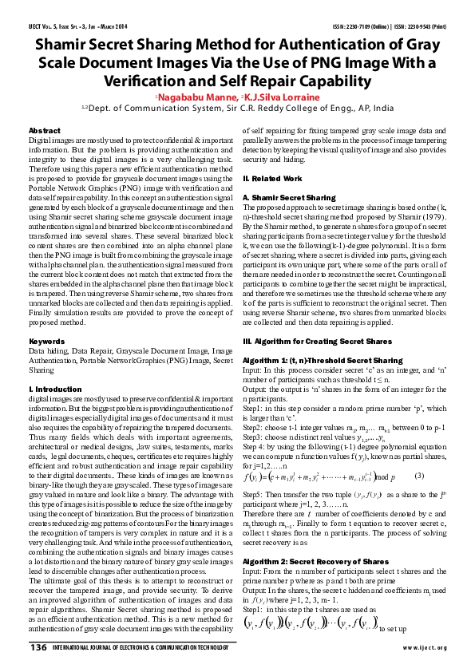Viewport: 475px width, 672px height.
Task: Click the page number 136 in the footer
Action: pos(38,647)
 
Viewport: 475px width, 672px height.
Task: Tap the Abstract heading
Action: pos(44,130)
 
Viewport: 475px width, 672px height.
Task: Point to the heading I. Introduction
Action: pos(55,389)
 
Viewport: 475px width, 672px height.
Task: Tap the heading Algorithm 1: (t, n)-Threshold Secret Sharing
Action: pos(322,360)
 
